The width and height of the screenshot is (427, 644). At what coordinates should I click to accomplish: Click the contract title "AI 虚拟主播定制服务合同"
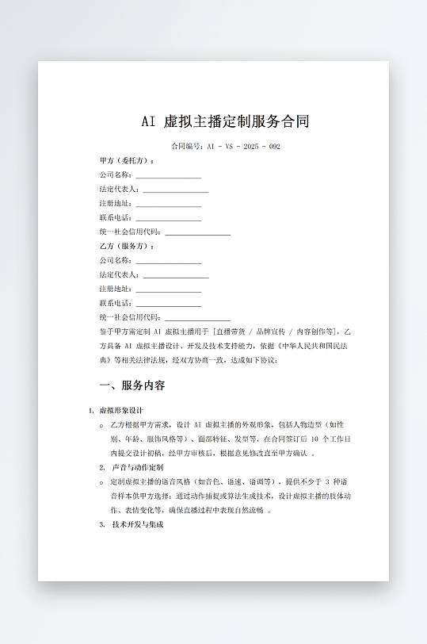(x=224, y=121)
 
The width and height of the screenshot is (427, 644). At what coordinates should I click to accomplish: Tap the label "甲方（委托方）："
(x=127, y=160)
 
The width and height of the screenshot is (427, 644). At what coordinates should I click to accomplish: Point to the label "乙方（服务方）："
(x=127, y=246)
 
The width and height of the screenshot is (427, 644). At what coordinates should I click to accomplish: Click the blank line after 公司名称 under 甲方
(x=168, y=175)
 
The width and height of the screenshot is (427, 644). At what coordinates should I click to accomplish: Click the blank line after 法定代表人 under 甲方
(x=175, y=190)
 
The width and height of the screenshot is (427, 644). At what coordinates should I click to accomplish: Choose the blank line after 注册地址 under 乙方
(x=168, y=289)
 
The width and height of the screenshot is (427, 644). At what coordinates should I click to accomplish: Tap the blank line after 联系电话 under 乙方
(x=168, y=304)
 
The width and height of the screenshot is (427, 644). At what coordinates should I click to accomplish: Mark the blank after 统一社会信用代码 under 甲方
(x=197, y=232)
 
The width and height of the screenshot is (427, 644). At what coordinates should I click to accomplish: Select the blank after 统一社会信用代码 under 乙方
(x=197, y=318)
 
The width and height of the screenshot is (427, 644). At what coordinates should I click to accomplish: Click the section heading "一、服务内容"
(x=132, y=386)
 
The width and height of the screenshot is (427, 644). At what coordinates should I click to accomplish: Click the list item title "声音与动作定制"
(x=138, y=468)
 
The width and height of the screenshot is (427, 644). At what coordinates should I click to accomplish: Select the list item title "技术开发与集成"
(x=138, y=524)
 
